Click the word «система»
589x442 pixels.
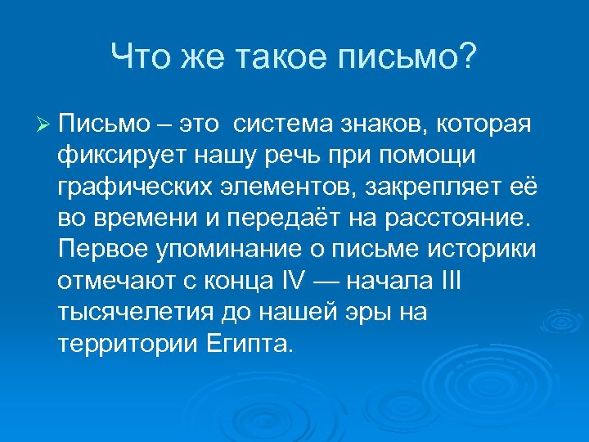tap(279, 124)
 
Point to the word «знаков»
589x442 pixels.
tap(380, 124)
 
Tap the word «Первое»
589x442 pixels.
tap(101, 250)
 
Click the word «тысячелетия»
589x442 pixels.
tap(129, 312)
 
